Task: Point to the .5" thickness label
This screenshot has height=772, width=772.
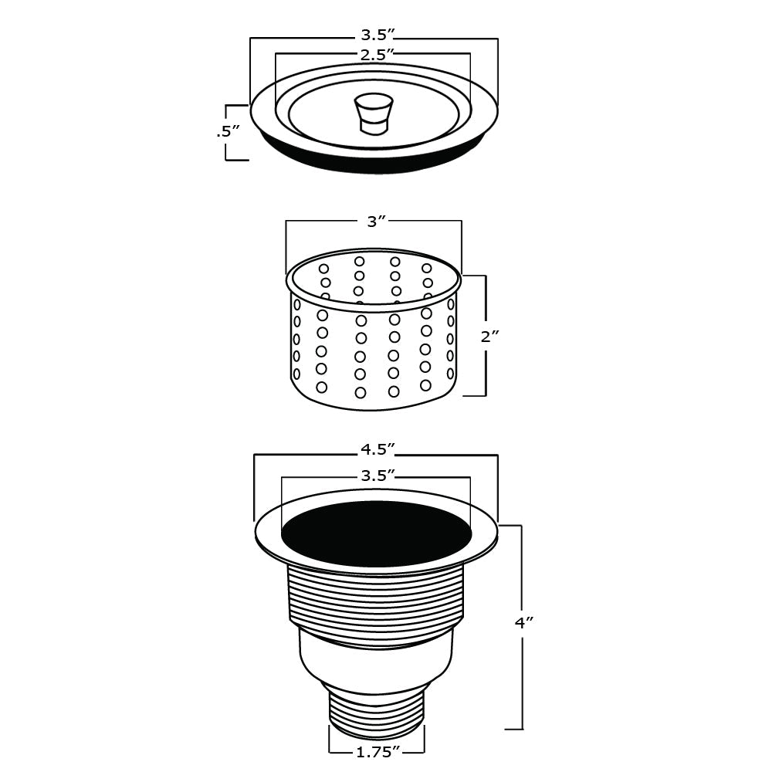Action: [x=224, y=132]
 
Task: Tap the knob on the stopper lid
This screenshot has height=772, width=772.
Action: [x=373, y=113]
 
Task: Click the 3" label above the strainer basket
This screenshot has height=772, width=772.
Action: [x=374, y=222]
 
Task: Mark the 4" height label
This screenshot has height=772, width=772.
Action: [x=525, y=623]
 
